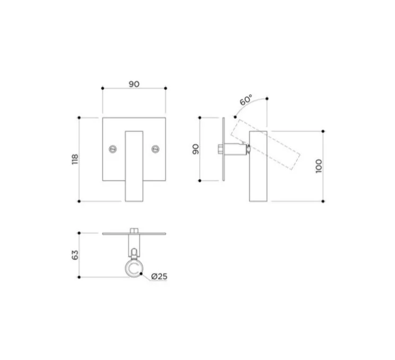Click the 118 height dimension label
(75, 159)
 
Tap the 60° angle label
(246, 100)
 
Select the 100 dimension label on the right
(319, 166)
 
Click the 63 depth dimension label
(75, 255)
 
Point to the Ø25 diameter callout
(159, 276)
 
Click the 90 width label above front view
(134, 84)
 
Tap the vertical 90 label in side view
(196, 149)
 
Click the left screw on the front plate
(113, 149)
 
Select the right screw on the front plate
(156, 149)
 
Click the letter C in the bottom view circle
(133, 269)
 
